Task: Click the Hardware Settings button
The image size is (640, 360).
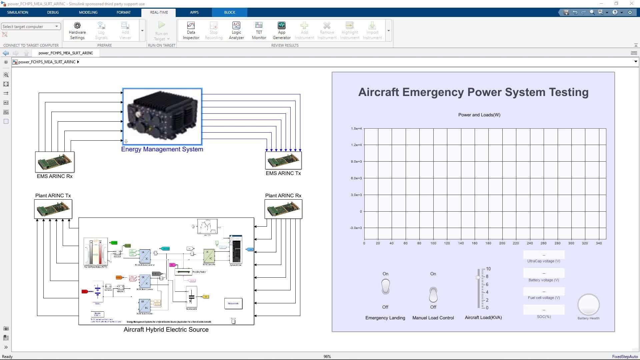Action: click(77, 30)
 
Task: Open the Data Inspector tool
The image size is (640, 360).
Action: click(191, 30)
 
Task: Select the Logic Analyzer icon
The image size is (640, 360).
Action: click(236, 30)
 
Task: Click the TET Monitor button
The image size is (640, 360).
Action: click(259, 30)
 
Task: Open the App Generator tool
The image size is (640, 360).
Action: click(282, 30)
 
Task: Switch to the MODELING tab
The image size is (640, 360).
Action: click(88, 12)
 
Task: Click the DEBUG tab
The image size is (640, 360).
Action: click(53, 12)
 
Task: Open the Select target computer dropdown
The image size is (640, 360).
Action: click(31, 26)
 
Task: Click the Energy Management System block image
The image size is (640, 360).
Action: click(162, 116)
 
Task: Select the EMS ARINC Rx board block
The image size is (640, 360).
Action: click(55, 162)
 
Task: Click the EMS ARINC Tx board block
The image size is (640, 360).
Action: click(283, 160)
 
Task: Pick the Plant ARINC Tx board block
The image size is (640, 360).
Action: click(53, 209)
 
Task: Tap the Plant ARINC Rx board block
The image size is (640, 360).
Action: click(283, 209)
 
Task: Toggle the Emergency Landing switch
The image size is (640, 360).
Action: click(385, 287)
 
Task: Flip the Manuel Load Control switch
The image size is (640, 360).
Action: click(433, 295)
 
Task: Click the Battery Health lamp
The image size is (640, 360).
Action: click(588, 305)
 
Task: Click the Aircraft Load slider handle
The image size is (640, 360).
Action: click(478, 277)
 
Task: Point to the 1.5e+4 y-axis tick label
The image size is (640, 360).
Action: click(356, 129)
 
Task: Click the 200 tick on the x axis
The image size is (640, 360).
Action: click(502, 243)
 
